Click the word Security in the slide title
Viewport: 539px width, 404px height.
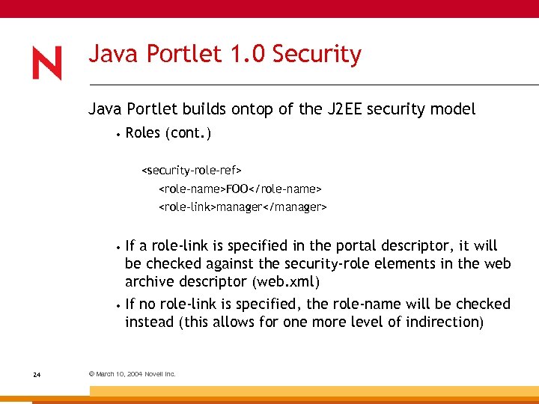tap(317, 55)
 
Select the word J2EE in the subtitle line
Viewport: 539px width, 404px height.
tap(350, 109)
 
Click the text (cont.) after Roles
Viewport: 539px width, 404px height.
tap(189, 133)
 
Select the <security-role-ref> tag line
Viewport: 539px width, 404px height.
tap(192, 171)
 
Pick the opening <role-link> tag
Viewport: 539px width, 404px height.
tap(187, 206)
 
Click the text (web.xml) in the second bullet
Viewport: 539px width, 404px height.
tap(287, 282)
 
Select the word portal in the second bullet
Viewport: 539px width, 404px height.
tap(350, 246)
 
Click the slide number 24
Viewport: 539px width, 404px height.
tap(37, 374)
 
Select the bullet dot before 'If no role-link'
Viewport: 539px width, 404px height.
tap(118, 305)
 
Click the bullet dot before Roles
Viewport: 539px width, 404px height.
tap(118, 135)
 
